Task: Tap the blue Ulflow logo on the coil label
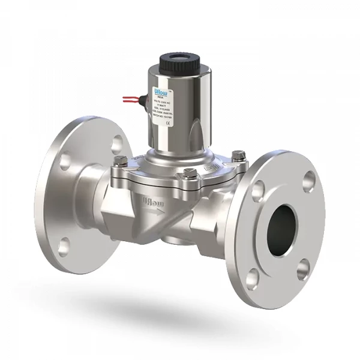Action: pos(164,90)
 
